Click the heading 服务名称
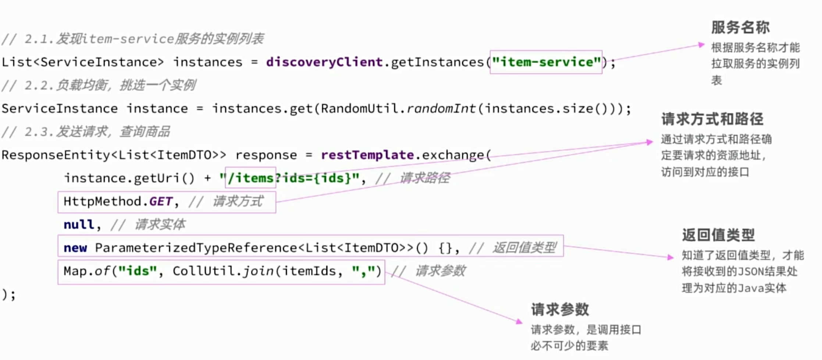tap(740, 28)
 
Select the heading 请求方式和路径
tap(712, 119)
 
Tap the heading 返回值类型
tap(718, 235)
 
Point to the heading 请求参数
tap(560, 310)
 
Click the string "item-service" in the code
tap(547, 62)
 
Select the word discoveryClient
tap(324, 62)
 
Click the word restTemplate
tap(367, 155)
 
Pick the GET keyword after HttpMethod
tap(161, 202)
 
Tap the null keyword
tap(79, 225)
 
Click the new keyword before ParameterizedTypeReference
tap(75, 248)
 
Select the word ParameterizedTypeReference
tap(196, 248)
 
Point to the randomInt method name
tap(441, 109)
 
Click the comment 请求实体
tap(160, 225)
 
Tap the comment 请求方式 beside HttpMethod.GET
tap(238, 202)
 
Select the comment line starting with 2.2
tap(99, 85)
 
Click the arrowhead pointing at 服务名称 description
tap(701, 45)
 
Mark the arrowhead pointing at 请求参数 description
tap(519, 321)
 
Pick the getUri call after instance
tap(157, 178)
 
